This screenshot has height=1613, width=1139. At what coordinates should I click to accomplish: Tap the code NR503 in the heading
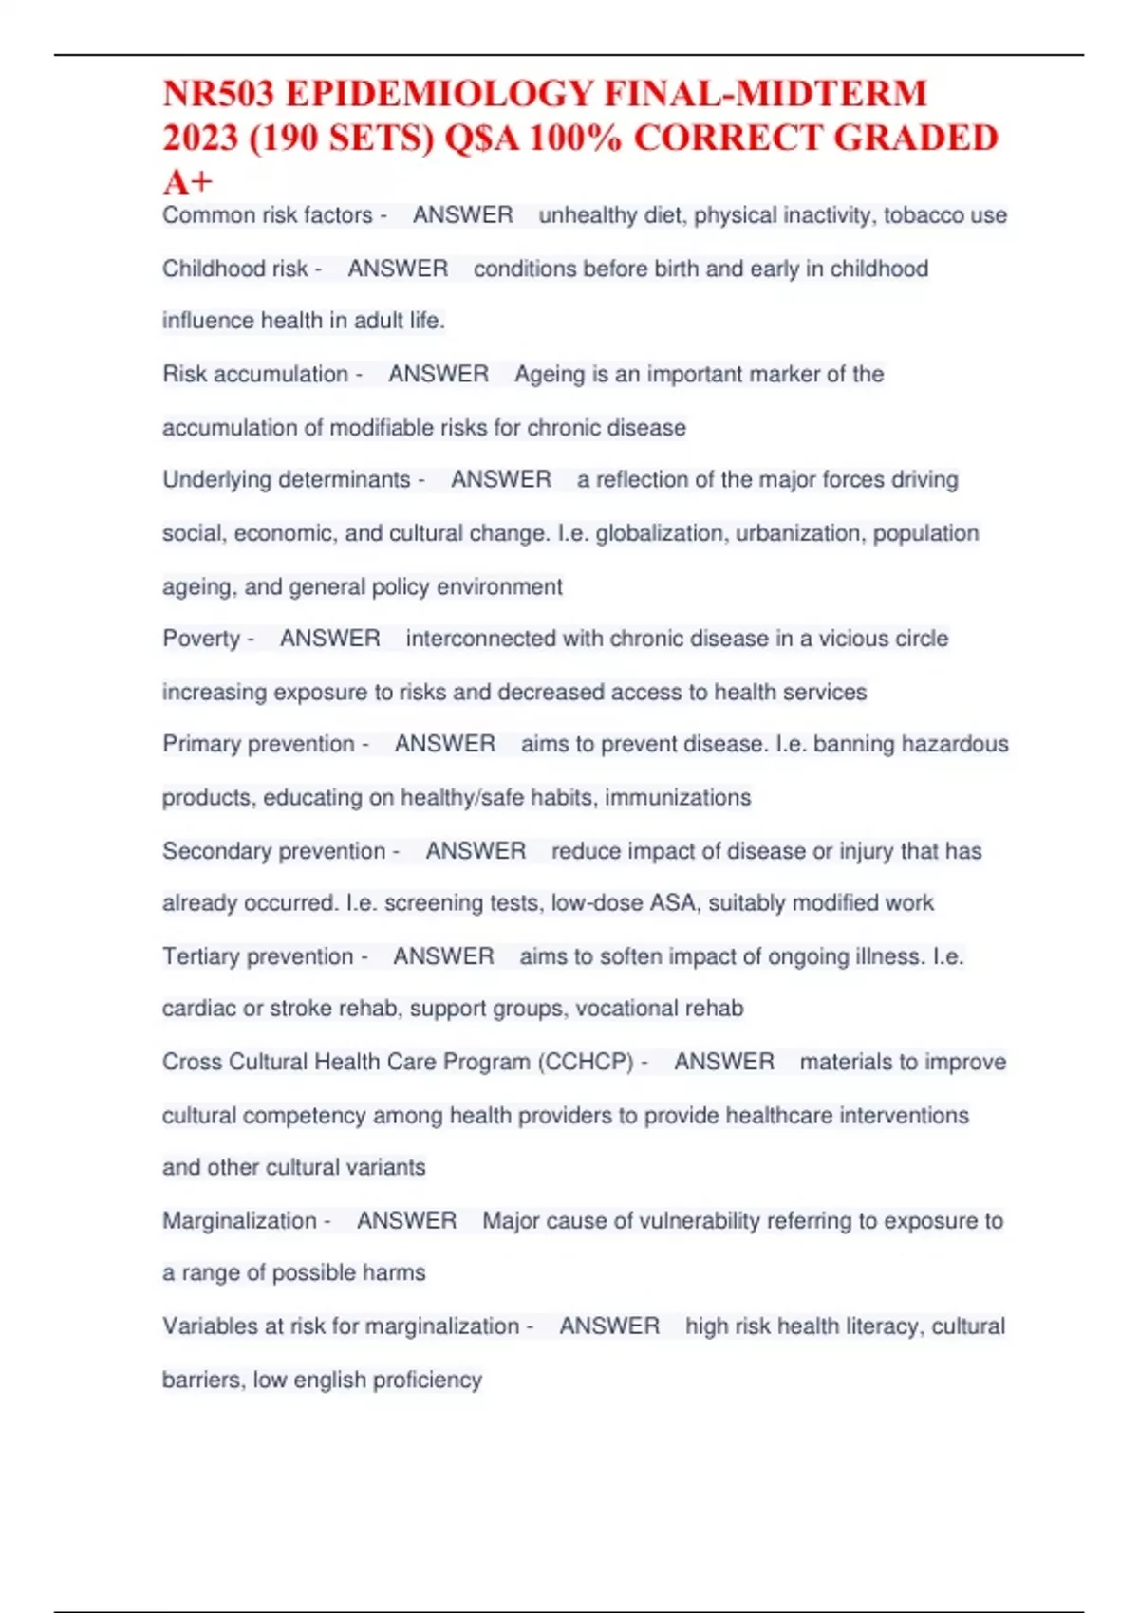[x=218, y=94]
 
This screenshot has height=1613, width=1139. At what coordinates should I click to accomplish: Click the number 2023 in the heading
[x=199, y=139]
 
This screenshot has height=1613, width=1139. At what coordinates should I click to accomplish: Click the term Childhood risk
[x=234, y=269]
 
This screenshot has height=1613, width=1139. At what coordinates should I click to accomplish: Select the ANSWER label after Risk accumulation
[x=439, y=374]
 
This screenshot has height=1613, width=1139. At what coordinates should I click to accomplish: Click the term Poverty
[x=201, y=639]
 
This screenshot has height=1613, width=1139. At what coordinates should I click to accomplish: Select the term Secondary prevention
[x=273, y=851]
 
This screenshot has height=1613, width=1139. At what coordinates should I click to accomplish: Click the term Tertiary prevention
[x=257, y=956]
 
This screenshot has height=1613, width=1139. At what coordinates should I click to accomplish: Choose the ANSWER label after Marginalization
[x=406, y=1220]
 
